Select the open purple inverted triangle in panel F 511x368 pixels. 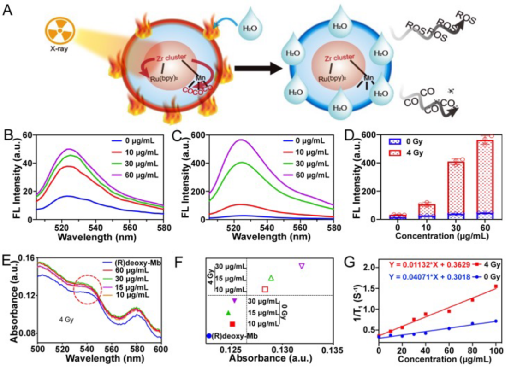pos(302,266)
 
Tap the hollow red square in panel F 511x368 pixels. pos(265,289)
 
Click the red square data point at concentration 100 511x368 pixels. pos(496,286)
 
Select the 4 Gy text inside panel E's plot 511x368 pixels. pos(67,318)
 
